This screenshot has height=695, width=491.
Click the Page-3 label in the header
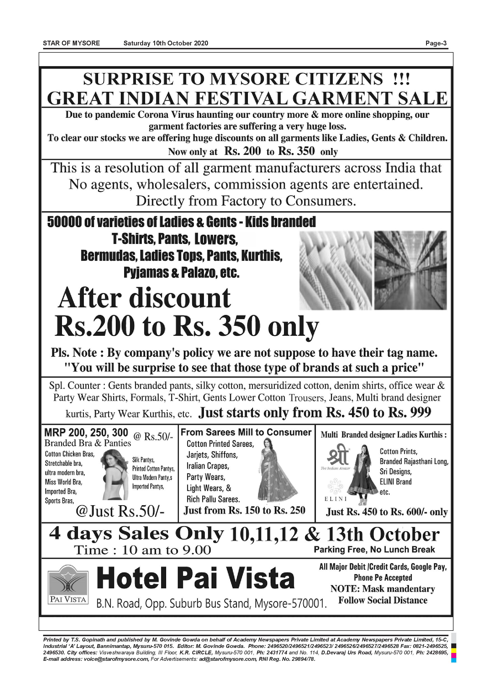click(x=436, y=43)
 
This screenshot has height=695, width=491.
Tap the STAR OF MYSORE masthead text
click(x=71, y=43)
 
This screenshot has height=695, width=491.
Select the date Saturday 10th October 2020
click(x=166, y=43)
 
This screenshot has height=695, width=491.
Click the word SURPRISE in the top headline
click(x=128, y=79)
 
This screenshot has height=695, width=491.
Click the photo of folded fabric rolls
click(x=335, y=270)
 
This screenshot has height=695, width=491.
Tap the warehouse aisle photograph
click(x=410, y=270)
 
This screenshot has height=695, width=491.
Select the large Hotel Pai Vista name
click(x=196, y=578)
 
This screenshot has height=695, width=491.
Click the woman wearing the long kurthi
click(x=362, y=474)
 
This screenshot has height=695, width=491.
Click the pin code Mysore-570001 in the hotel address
click(x=291, y=604)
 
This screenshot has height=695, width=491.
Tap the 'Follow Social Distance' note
click(x=383, y=600)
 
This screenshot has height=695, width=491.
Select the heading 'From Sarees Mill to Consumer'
click(x=246, y=432)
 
